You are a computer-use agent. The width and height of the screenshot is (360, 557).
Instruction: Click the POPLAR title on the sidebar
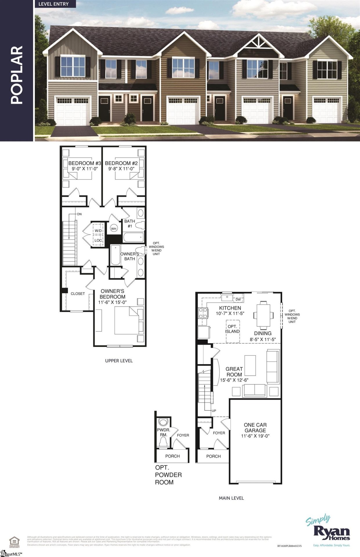point(17,75)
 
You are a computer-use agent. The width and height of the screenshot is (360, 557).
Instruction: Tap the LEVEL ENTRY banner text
point(53,4)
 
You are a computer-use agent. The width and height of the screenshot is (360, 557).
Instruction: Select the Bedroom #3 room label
point(84,163)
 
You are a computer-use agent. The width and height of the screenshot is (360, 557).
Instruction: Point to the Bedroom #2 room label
point(121,163)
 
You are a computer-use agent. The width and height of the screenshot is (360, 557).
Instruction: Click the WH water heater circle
point(114,229)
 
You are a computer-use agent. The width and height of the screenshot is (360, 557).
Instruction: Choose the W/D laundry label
point(98,231)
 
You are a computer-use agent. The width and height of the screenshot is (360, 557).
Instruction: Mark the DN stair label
point(79,214)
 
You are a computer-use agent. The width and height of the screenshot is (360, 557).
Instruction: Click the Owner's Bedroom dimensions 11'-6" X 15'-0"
point(113,302)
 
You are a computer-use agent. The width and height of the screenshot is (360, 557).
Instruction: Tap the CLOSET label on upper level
point(78,294)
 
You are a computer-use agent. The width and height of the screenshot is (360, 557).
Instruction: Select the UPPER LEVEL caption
point(119,361)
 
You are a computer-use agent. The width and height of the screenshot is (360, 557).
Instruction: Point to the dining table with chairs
point(263,314)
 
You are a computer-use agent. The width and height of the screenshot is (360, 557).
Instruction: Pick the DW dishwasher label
point(238,299)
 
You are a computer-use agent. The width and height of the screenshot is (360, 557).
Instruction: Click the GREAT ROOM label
point(234,372)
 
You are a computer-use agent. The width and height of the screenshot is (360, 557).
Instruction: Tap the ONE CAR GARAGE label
point(255,428)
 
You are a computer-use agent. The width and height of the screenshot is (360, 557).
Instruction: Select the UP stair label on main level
point(214,411)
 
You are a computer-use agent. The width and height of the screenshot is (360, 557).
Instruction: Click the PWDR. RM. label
point(164,432)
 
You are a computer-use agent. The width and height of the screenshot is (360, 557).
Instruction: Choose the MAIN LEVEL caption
point(231,498)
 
